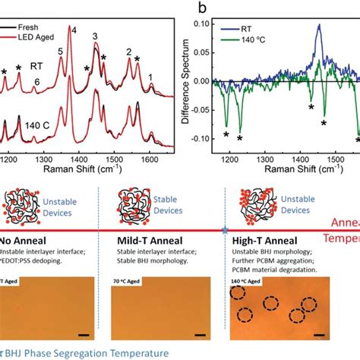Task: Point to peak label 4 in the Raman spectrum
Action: [x=74, y=30]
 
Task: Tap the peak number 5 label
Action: [x=60, y=52]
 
